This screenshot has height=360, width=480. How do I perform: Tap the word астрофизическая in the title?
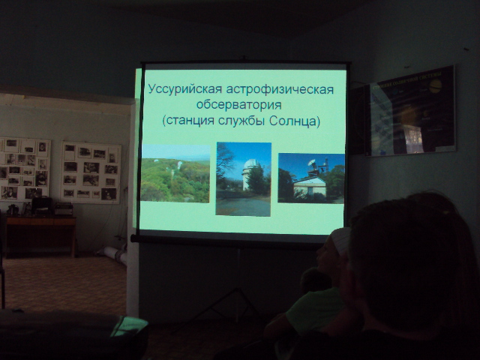pyautogui.click(x=280, y=90)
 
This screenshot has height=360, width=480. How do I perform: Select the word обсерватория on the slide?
pyautogui.click(x=238, y=105)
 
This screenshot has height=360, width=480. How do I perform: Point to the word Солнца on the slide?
pyautogui.click(x=295, y=121)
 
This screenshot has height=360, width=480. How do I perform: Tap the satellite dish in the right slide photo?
pyautogui.click(x=312, y=163)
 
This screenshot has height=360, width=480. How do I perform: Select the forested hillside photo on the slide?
pyautogui.click(x=175, y=173)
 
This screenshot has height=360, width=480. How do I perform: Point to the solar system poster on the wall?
pyautogui.click(x=409, y=111)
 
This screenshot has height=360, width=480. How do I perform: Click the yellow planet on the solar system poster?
pyautogui.click(x=435, y=86)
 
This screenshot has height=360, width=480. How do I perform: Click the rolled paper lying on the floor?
pyautogui.click(x=112, y=253)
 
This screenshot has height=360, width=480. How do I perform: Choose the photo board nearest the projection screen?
pyautogui.click(x=91, y=172)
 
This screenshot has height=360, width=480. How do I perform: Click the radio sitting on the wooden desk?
pyautogui.click(x=63, y=208)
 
